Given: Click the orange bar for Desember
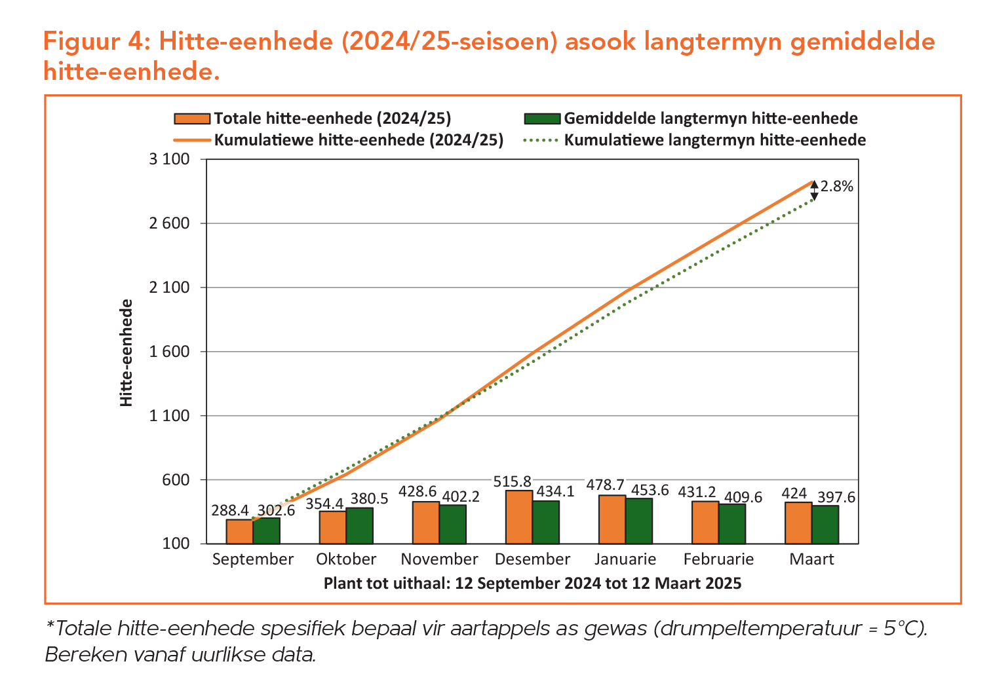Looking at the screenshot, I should click(x=519, y=517).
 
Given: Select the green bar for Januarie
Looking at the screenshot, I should click(x=639, y=521).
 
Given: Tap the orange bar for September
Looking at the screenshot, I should click(x=240, y=531).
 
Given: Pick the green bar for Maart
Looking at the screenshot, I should click(x=825, y=524).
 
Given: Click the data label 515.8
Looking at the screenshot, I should click(x=513, y=482).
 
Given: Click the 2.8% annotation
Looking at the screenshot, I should click(x=837, y=187).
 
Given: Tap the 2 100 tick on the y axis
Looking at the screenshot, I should click(x=169, y=288).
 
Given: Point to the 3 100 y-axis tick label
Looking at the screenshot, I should click(x=169, y=160).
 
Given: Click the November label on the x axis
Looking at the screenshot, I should click(x=439, y=559).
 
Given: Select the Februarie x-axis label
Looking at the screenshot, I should click(x=718, y=559).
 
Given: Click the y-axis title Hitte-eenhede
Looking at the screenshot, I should click(x=126, y=352).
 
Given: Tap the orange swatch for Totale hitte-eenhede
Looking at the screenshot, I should click(x=192, y=119).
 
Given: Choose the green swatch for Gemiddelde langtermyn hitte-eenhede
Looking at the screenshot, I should click(x=542, y=119).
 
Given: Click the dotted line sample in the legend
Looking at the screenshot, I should click(x=542, y=140).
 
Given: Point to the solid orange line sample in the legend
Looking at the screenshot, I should click(x=192, y=140).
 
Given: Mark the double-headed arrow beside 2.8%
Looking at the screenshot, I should click(x=814, y=191).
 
